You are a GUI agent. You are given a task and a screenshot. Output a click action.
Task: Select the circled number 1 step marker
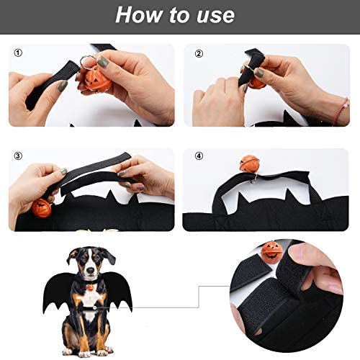click(17, 52)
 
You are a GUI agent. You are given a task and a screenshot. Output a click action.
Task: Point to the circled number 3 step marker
click(17, 155)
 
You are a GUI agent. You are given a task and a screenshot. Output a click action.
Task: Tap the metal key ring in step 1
click(89, 60)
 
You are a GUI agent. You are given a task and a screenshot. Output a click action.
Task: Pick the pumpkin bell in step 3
click(41, 208)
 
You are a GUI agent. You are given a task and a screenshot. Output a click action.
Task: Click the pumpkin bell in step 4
click(249, 163)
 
